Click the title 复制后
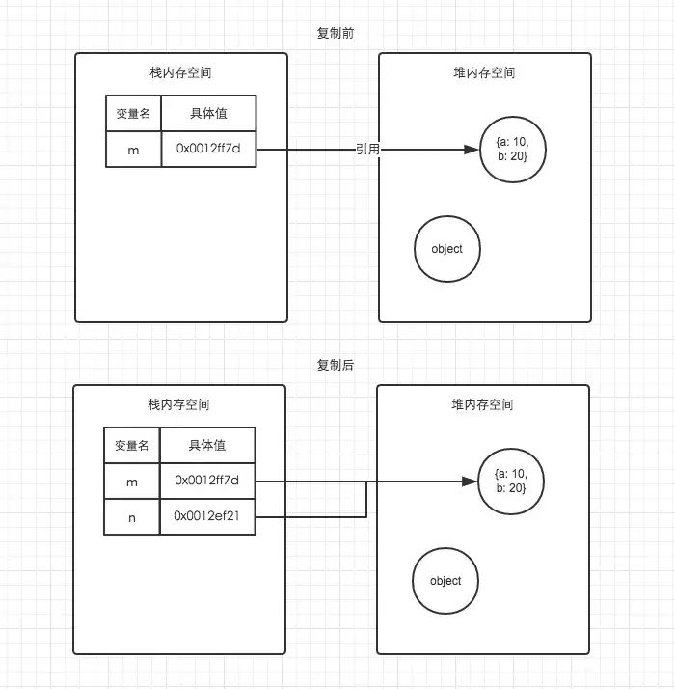tap(337, 365)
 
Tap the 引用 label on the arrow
tap(368, 149)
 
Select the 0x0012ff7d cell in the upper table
tap(208, 149)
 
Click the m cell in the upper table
tap(133, 149)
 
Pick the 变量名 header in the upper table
tap(133, 113)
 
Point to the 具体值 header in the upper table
tap(208, 113)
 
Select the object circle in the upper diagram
tap(446, 249)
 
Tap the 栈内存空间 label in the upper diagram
tap(181, 72)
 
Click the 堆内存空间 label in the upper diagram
tap(484, 72)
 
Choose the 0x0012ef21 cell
tap(207, 516)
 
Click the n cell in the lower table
tap(132, 517)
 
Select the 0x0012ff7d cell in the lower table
tap(207, 480)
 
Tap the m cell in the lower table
tap(132, 481)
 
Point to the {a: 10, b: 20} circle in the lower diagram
tap(510, 482)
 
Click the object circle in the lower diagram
tap(445, 581)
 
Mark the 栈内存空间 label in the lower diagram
tap(179, 404)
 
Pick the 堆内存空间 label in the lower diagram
tap(482, 404)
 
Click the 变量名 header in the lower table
tap(132, 445)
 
